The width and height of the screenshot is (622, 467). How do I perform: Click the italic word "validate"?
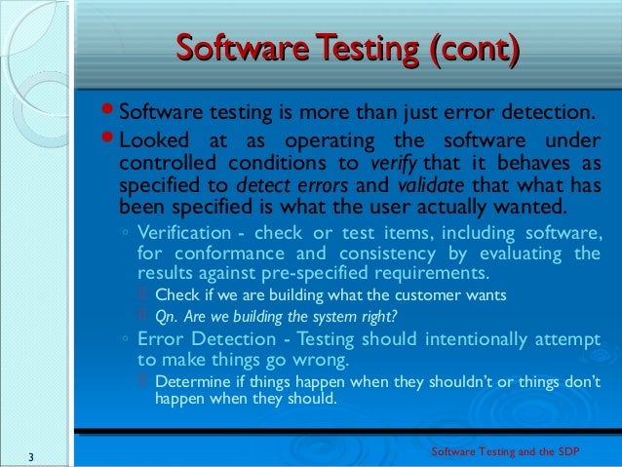(x=427, y=185)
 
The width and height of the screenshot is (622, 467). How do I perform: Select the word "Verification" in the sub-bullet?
(x=185, y=233)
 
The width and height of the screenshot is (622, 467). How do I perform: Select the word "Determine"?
(x=193, y=380)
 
